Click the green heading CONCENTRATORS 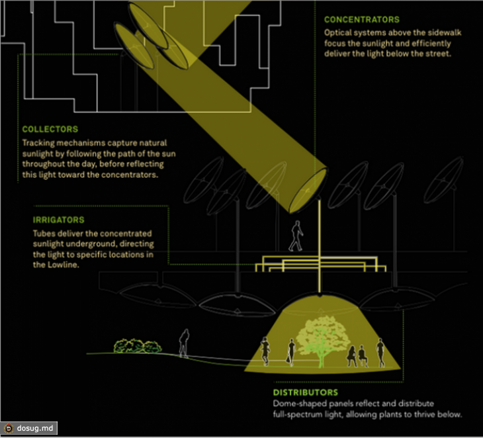tap(362, 20)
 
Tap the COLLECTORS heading tap(50, 129)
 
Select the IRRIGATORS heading tap(58, 220)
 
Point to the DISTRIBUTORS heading tap(306, 392)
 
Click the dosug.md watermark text tap(35, 428)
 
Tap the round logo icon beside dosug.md tap(9, 428)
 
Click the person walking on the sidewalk tap(296, 236)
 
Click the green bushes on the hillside tap(138, 346)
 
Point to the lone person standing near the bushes tap(184, 343)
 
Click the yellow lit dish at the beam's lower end tap(308, 191)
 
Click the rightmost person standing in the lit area tap(380, 353)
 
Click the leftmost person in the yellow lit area tap(265, 351)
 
